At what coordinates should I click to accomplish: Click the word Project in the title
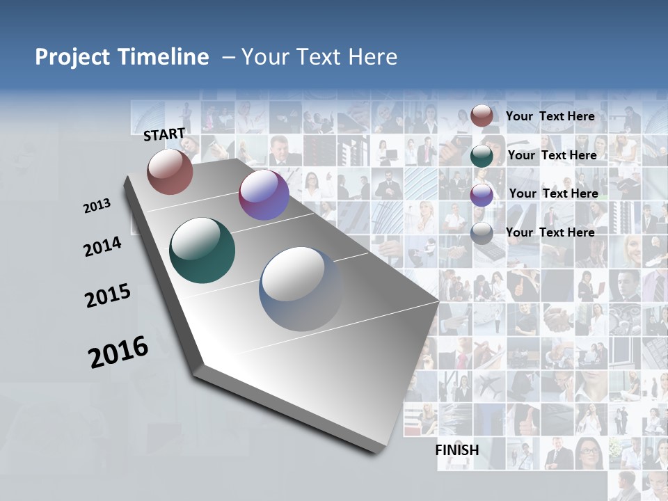pos(70,57)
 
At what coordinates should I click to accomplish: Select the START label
pos(164,134)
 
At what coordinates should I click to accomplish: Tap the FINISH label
pos(457,450)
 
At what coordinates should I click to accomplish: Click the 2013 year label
pos(97,206)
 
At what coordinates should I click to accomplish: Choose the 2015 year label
pos(108,296)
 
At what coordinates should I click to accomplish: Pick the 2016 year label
pos(118,352)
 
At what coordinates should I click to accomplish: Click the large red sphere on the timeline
pos(170,171)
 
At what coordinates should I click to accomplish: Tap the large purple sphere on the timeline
pos(264,196)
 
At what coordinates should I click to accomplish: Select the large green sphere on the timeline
pos(202,250)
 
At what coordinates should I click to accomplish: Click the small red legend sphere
pos(482,116)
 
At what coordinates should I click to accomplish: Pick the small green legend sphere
pos(482,156)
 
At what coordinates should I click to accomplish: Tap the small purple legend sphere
pos(482,195)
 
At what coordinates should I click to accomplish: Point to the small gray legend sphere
pos(482,233)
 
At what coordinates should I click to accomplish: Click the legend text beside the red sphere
pos(550,116)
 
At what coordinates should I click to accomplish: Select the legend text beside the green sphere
pos(552,155)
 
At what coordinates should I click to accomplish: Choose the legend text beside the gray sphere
pos(550,232)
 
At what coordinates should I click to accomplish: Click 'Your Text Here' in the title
pos(319,57)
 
